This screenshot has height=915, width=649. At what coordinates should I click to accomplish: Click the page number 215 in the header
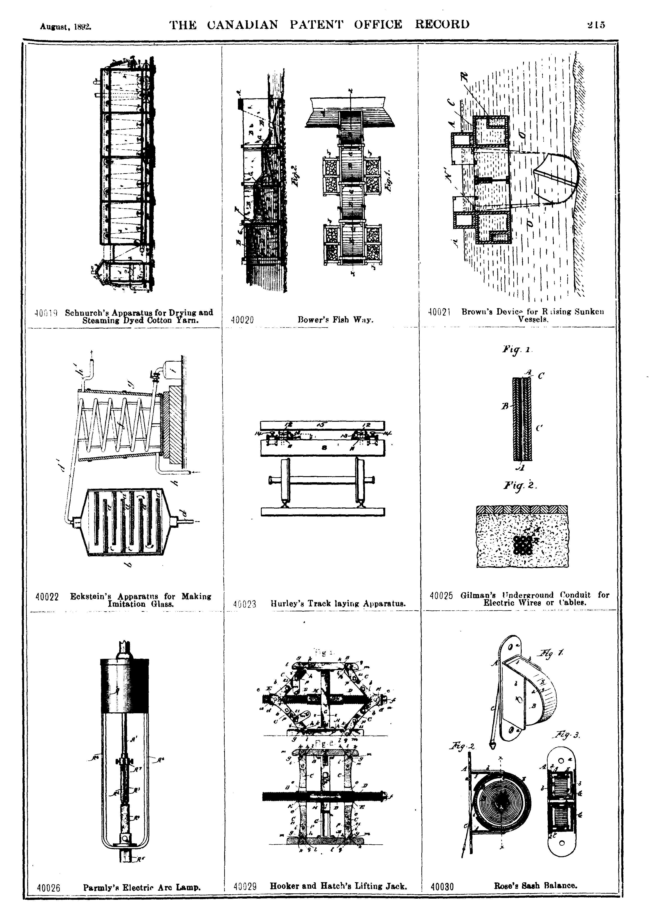point(596,25)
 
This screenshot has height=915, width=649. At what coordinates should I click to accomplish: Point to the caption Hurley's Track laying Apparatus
point(338,604)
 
